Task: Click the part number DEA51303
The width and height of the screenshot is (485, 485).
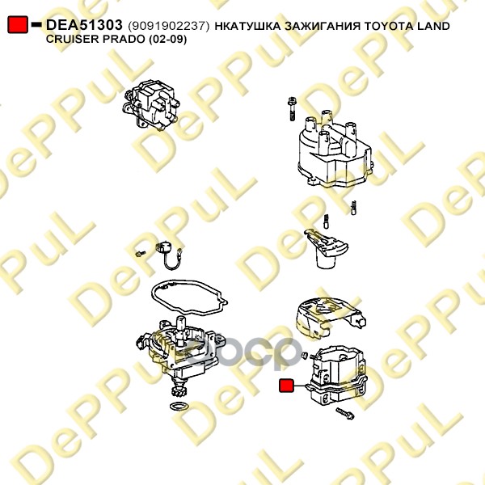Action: coord(84,25)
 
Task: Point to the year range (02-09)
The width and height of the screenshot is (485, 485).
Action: coord(167,40)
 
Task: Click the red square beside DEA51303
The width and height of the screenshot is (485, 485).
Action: coord(18,25)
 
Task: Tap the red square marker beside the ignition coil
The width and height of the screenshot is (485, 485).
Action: coord(286,386)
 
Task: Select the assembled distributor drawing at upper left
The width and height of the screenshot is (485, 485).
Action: coord(152,105)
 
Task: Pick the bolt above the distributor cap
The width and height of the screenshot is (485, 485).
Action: coord(292,109)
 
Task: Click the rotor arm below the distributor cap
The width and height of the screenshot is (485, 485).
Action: coord(327,249)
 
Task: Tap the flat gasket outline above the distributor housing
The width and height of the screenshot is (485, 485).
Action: coord(189,297)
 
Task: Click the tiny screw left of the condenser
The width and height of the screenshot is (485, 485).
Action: coord(141,254)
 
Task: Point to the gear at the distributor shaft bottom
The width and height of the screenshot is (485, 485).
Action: coord(178,394)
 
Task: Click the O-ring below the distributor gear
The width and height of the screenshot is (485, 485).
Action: coord(179,407)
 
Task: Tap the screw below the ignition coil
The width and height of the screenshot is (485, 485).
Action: coord(345,413)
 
